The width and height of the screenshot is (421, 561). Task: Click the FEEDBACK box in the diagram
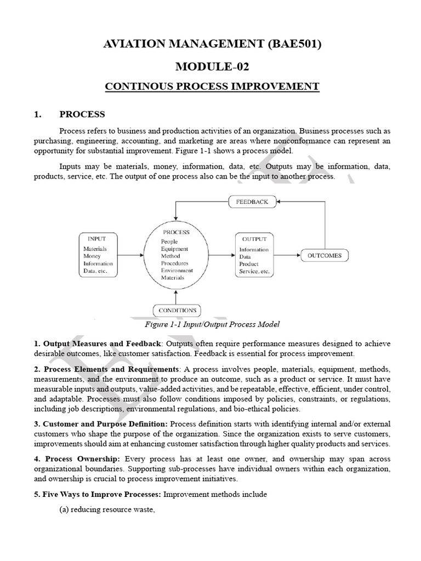point(252,202)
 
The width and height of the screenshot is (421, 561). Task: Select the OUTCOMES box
point(325,255)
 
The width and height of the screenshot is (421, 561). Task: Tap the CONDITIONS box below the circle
point(177,310)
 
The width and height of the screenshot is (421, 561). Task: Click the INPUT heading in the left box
point(96,239)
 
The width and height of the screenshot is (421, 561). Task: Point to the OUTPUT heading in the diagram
point(254,239)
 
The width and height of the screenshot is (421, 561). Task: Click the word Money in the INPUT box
point(92,256)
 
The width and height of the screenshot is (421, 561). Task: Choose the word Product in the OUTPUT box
point(249,264)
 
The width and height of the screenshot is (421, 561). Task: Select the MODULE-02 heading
point(211,67)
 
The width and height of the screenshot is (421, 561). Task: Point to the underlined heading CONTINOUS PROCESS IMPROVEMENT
point(211,87)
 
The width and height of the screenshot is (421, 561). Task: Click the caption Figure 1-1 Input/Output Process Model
point(212,324)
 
